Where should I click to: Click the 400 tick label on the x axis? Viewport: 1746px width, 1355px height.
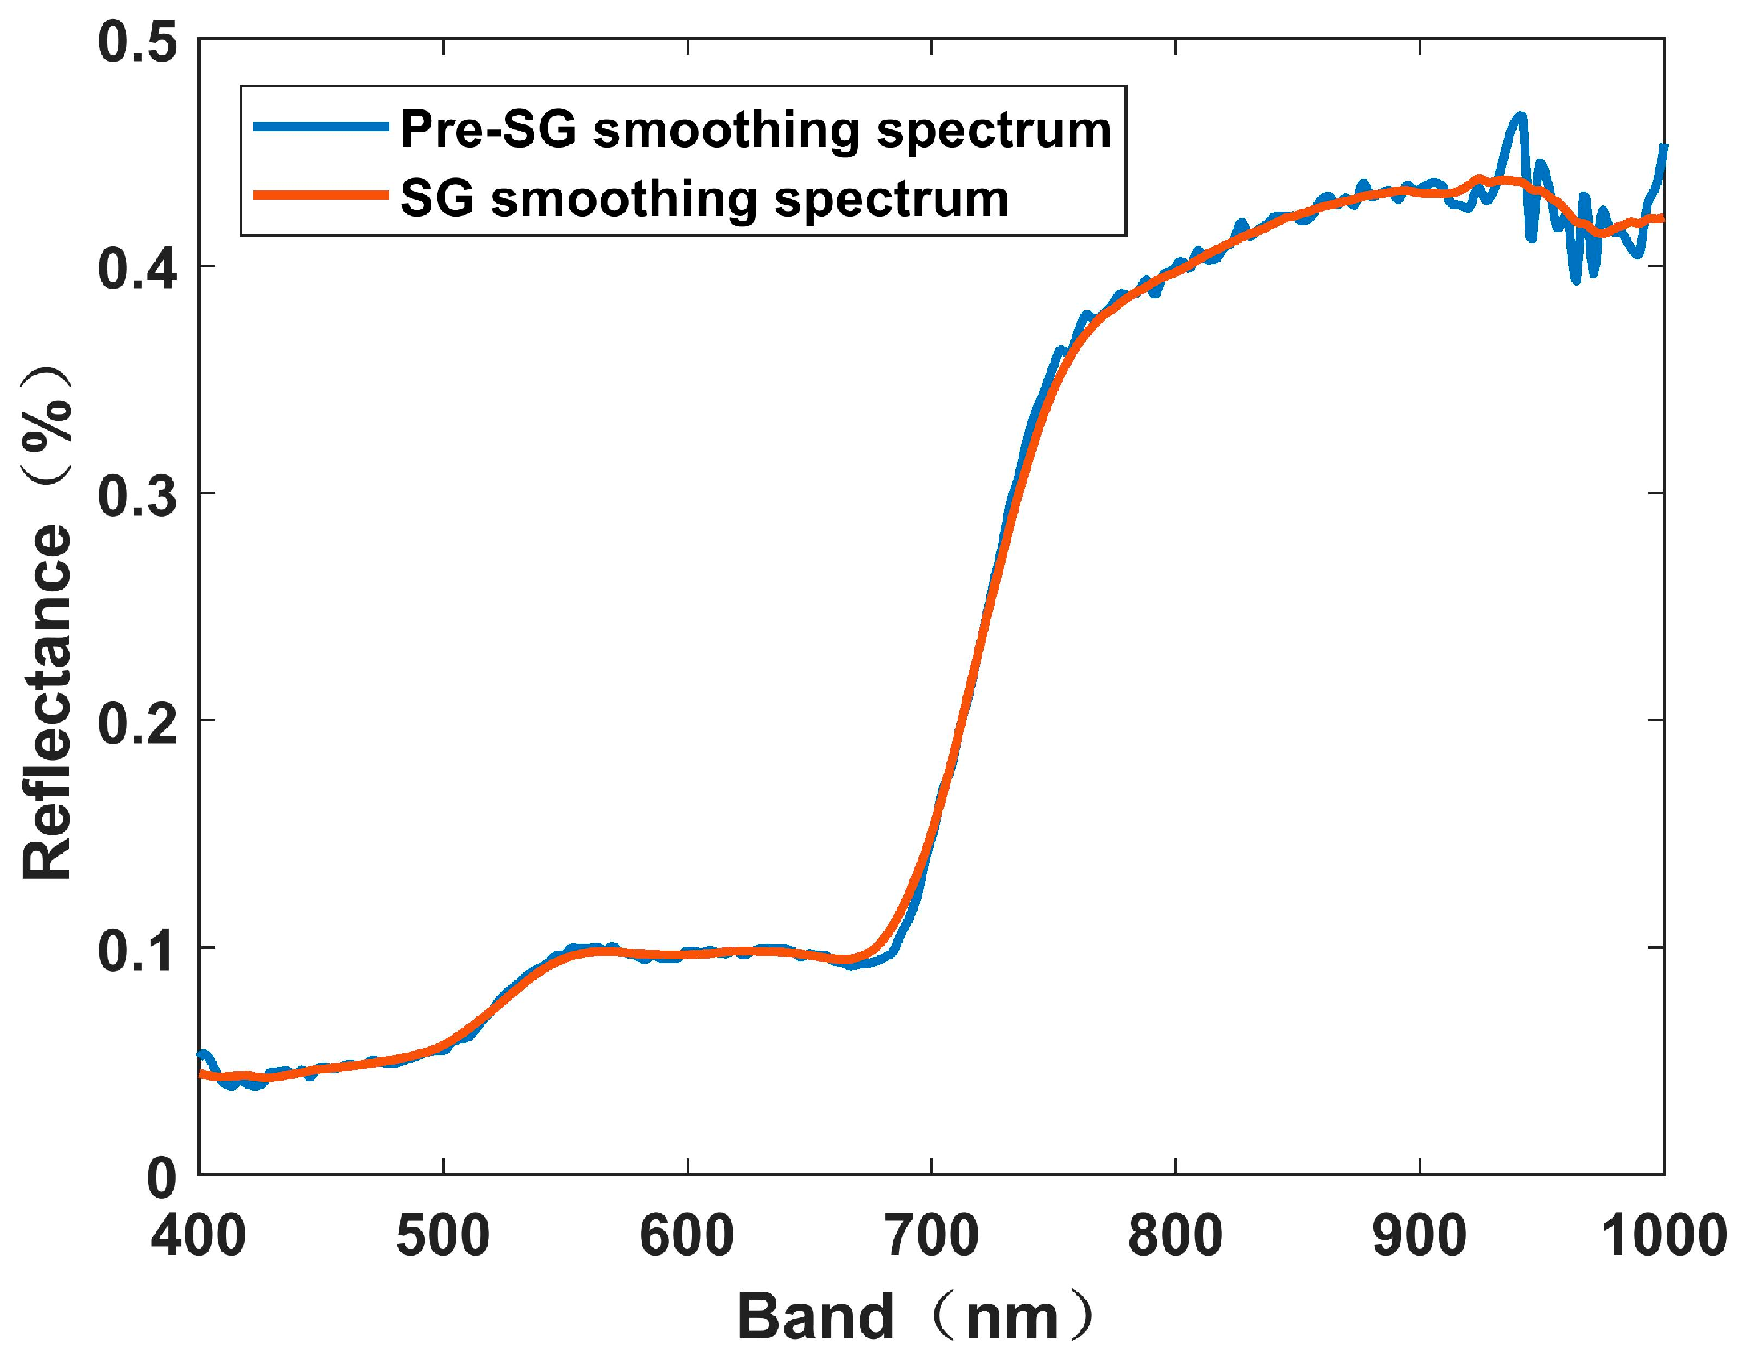pos(198,1236)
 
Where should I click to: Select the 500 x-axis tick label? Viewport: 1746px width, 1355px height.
pos(443,1236)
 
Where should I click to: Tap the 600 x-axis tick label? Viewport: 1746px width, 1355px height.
pos(687,1236)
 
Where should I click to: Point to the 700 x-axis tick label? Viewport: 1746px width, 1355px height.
pos(932,1236)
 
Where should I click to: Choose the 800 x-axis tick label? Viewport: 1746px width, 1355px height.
pos(1176,1236)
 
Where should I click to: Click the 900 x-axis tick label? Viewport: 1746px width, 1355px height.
pos(1420,1236)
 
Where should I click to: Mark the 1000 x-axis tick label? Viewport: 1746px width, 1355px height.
pos(1663,1236)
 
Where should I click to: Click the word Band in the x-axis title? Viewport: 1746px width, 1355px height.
pos(815,1316)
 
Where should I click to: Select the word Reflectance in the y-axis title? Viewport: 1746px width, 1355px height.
pos(48,703)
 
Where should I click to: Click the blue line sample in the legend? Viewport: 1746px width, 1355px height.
pos(321,126)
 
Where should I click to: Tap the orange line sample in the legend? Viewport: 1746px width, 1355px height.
pos(321,195)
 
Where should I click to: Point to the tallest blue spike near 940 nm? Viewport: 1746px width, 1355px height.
pos(1520,116)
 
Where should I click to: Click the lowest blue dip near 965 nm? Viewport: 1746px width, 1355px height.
pos(1576,280)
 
